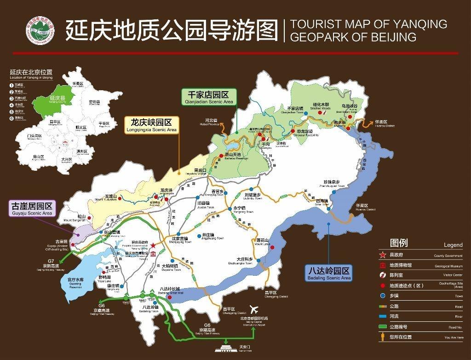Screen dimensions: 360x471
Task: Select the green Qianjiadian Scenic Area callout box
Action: point(209,96)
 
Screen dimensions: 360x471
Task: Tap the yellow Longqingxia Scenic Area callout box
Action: point(151,125)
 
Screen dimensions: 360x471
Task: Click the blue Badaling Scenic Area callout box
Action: point(329,273)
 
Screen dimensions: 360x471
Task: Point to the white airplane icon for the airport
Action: point(253,309)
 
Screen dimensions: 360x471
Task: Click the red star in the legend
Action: point(382,255)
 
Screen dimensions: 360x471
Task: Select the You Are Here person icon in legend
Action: point(382,337)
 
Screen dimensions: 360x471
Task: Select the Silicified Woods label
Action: point(322,107)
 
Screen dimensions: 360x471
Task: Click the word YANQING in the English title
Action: point(419,24)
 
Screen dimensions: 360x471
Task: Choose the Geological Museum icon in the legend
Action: point(382,265)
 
